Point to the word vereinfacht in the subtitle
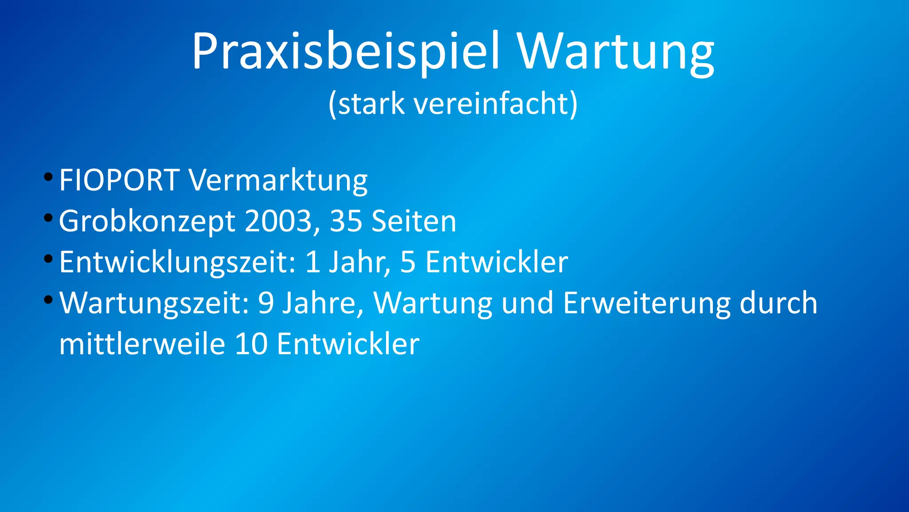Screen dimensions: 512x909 (x=490, y=104)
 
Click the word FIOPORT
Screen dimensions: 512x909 (x=119, y=180)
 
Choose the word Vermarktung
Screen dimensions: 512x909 (x=278, y=180)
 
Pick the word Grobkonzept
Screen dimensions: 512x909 (x=147, y=221)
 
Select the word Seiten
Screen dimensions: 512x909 (x=414, y=221)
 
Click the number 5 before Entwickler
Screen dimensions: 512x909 (x=408, y=262)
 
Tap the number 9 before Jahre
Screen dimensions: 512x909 (x=266, y=303)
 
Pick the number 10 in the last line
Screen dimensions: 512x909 (x=251, y=344)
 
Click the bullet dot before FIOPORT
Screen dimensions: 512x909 (x=48, y=177)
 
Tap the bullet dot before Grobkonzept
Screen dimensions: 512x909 (x=48, y=218)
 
